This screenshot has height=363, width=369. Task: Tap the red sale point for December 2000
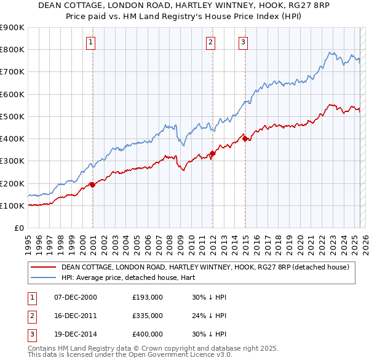(x=93, y=184)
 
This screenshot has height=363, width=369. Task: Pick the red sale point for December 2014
(x=245, y=138)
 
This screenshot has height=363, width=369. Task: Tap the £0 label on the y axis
(x=18, y=228)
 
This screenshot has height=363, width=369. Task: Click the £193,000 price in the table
(x=148, y=297)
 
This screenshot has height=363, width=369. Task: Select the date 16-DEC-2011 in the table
(x=76, y=316)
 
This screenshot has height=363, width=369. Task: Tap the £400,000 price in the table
(x=148, y=335)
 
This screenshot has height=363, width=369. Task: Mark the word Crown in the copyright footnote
(x=143, y=348)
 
